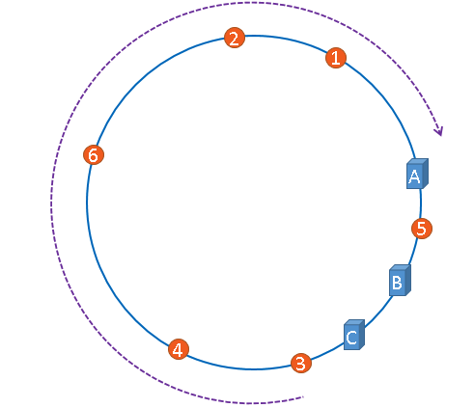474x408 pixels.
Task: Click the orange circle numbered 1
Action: (x=336, y=58)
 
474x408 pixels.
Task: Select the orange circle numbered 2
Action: (x=235, y=38)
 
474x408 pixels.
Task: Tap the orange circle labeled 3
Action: (x=301, y=364)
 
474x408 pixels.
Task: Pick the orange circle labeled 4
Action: (x=179, y=349)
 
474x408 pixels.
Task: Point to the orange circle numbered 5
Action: (x=422, y=229)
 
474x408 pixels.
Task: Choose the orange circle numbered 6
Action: (x=94, y=154)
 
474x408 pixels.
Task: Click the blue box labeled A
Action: (x=417, y=174)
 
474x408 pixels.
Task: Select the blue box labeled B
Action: (x=400, y=281)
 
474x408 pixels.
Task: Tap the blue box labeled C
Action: (x=354, y=335)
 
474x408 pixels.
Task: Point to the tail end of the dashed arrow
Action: (x=303, y=397)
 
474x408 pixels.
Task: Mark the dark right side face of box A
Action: (x=426, y=173)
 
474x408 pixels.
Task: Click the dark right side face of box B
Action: (x=408, y=280)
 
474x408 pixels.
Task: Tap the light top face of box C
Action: (x=354, y=322)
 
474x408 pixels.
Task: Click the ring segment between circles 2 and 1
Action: (x=287, y=40)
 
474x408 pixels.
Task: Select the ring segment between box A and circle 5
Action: (x=420, y=204)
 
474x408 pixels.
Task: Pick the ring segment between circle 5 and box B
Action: (x=414, y=253)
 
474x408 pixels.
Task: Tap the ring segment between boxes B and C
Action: (x=379, y=313)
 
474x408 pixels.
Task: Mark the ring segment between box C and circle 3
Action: (x=328, y=352)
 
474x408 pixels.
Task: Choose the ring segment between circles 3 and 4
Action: (x=238, y=368)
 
